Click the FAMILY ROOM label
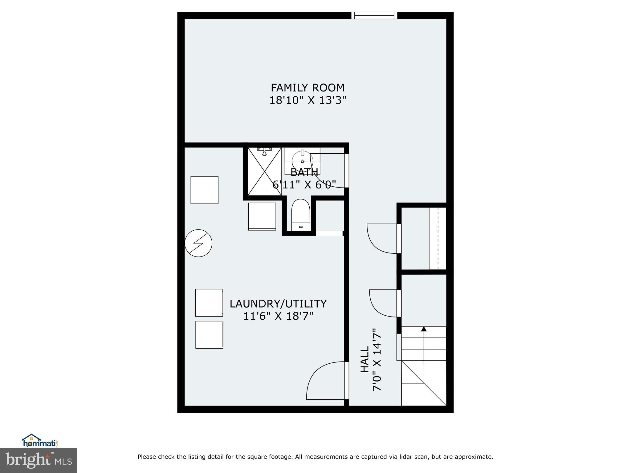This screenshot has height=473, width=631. (x=307, y=88)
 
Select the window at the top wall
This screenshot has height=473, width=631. (x=374, y=15)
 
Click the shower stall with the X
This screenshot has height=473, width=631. (x=265, y=172)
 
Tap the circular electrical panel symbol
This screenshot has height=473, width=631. (x=198, y=243)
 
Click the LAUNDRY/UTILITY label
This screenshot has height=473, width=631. (x=278, y=304)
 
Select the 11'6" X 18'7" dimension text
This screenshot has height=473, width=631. (x=278, y=316)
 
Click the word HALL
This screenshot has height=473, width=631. (x=365, y=359)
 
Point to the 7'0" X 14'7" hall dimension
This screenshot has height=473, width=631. (x=377, y=359)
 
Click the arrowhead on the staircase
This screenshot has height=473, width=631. (x=424, y=329)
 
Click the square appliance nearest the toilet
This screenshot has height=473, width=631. (x=262, y=216)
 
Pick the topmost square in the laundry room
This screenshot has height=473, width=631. (x=204, y=190)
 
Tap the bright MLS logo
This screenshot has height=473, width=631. (x=39, y=460)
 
